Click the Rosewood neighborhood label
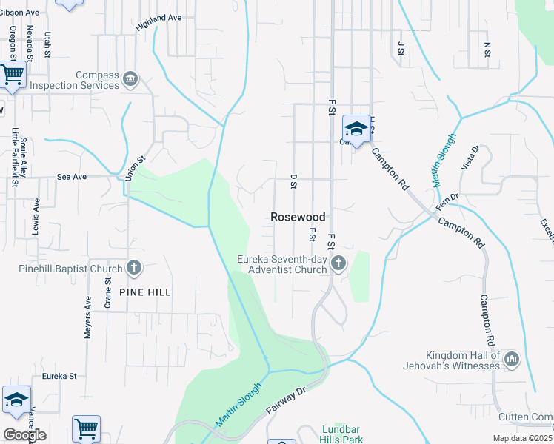coord(298,217)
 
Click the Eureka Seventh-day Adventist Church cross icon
coord(338,263)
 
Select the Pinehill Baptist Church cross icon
coord(133,267)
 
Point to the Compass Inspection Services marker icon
coord(130,79)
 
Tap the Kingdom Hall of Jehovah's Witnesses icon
coord(511,360)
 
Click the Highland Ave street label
coord(158,22)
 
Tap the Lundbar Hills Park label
coord(343,434)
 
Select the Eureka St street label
coord(59,376)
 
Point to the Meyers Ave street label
coord(87,317)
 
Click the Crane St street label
coord(108,292)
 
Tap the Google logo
coord(24,435)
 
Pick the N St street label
coord(487,49)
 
